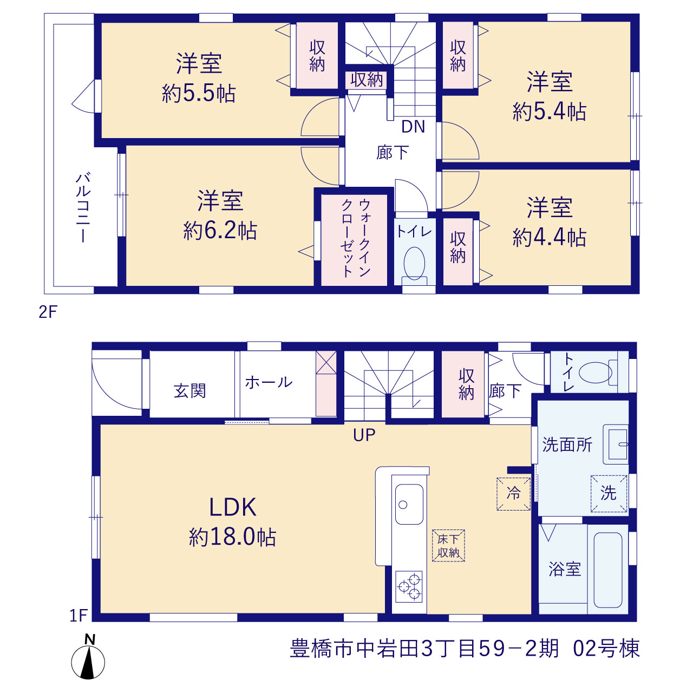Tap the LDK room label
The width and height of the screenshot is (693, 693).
click(x=233, y=507)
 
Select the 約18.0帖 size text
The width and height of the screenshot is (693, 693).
click(x=233, y=537)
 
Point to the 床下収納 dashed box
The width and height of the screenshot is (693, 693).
click(x=448, y=545)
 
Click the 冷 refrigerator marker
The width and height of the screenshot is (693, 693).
click(x=513, y=493)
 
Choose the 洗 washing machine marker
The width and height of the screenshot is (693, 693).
click(x=609, y=493)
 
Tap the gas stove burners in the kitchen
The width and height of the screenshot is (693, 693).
click(x=409, y=586)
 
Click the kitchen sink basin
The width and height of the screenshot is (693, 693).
click(x=409, y=504)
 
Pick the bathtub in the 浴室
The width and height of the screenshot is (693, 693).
click(x=608, y=570)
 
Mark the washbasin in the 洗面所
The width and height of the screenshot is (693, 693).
click(x=616, y=444)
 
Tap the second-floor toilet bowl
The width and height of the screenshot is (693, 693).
click(x=414, y=264)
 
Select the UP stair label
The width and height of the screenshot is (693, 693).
click(x=364, y=435)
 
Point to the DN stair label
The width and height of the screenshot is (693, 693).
click(x=413, y=127)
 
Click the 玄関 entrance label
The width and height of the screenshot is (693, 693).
click(x=189, y=390)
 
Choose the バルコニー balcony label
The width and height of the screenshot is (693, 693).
click(x=83, y=207)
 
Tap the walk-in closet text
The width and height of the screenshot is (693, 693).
click(x=356, y=238)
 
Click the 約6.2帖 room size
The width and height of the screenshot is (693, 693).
click(x=220, y=231)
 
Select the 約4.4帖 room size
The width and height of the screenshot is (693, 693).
click(x=549, y=237)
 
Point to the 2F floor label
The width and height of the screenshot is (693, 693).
click(x=48, y=312)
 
